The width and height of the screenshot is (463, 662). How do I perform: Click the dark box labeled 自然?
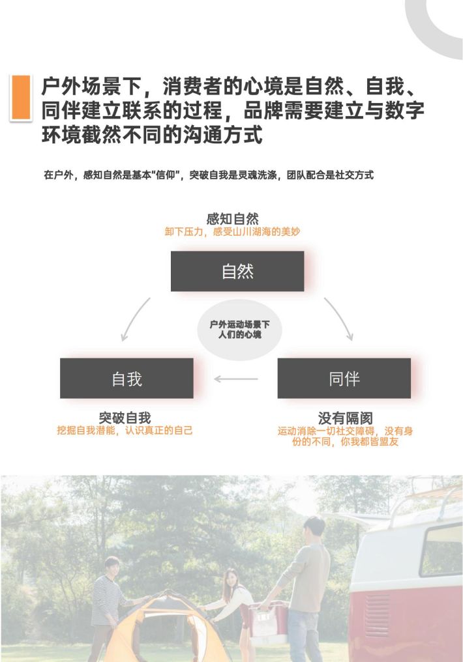coord(237,271)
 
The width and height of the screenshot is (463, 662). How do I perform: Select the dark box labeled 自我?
coord(127,379)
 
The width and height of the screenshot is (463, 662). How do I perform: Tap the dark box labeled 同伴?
coord(344,379)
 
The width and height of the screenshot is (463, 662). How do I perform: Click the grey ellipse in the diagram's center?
coord(239,330)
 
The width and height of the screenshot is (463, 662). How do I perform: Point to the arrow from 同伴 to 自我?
coord(235,379)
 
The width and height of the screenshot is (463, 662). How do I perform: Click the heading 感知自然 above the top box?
coord(232,219)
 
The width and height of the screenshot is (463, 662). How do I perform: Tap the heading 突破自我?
coord(125,418)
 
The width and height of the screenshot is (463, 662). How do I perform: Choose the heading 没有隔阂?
coord(346,418)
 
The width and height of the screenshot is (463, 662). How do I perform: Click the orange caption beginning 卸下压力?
coord(232,232)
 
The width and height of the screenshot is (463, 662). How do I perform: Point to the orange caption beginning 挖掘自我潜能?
coord(125,431)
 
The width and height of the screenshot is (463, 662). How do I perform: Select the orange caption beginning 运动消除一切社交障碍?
coord(345,437)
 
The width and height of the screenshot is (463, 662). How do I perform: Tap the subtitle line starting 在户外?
coord(209,175)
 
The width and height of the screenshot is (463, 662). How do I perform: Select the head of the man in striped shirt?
coord(112,567)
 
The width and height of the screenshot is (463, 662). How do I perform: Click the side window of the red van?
coord(441,550)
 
